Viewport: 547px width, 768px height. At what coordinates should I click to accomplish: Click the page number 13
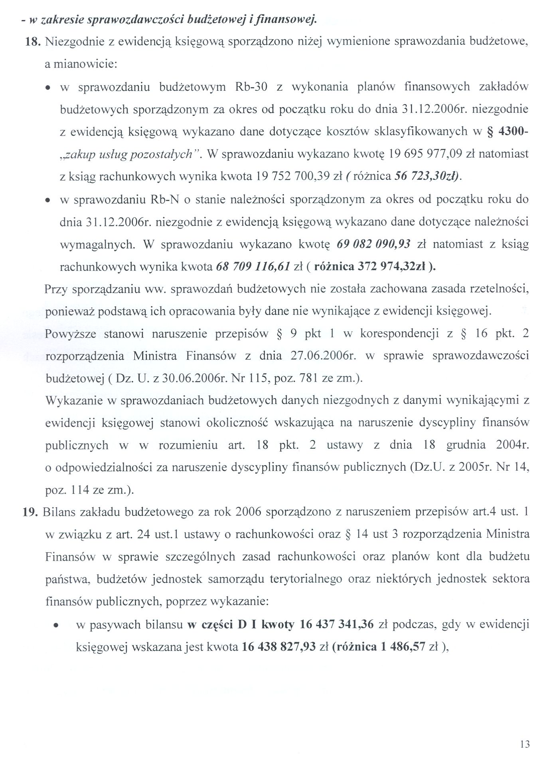tap(525, 744)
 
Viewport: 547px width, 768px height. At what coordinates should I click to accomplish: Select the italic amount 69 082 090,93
tap(373, 244)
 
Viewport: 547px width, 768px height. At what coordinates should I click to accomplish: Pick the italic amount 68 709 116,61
tap(253, 267)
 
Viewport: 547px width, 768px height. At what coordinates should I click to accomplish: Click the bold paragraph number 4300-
tap(508, 132)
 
